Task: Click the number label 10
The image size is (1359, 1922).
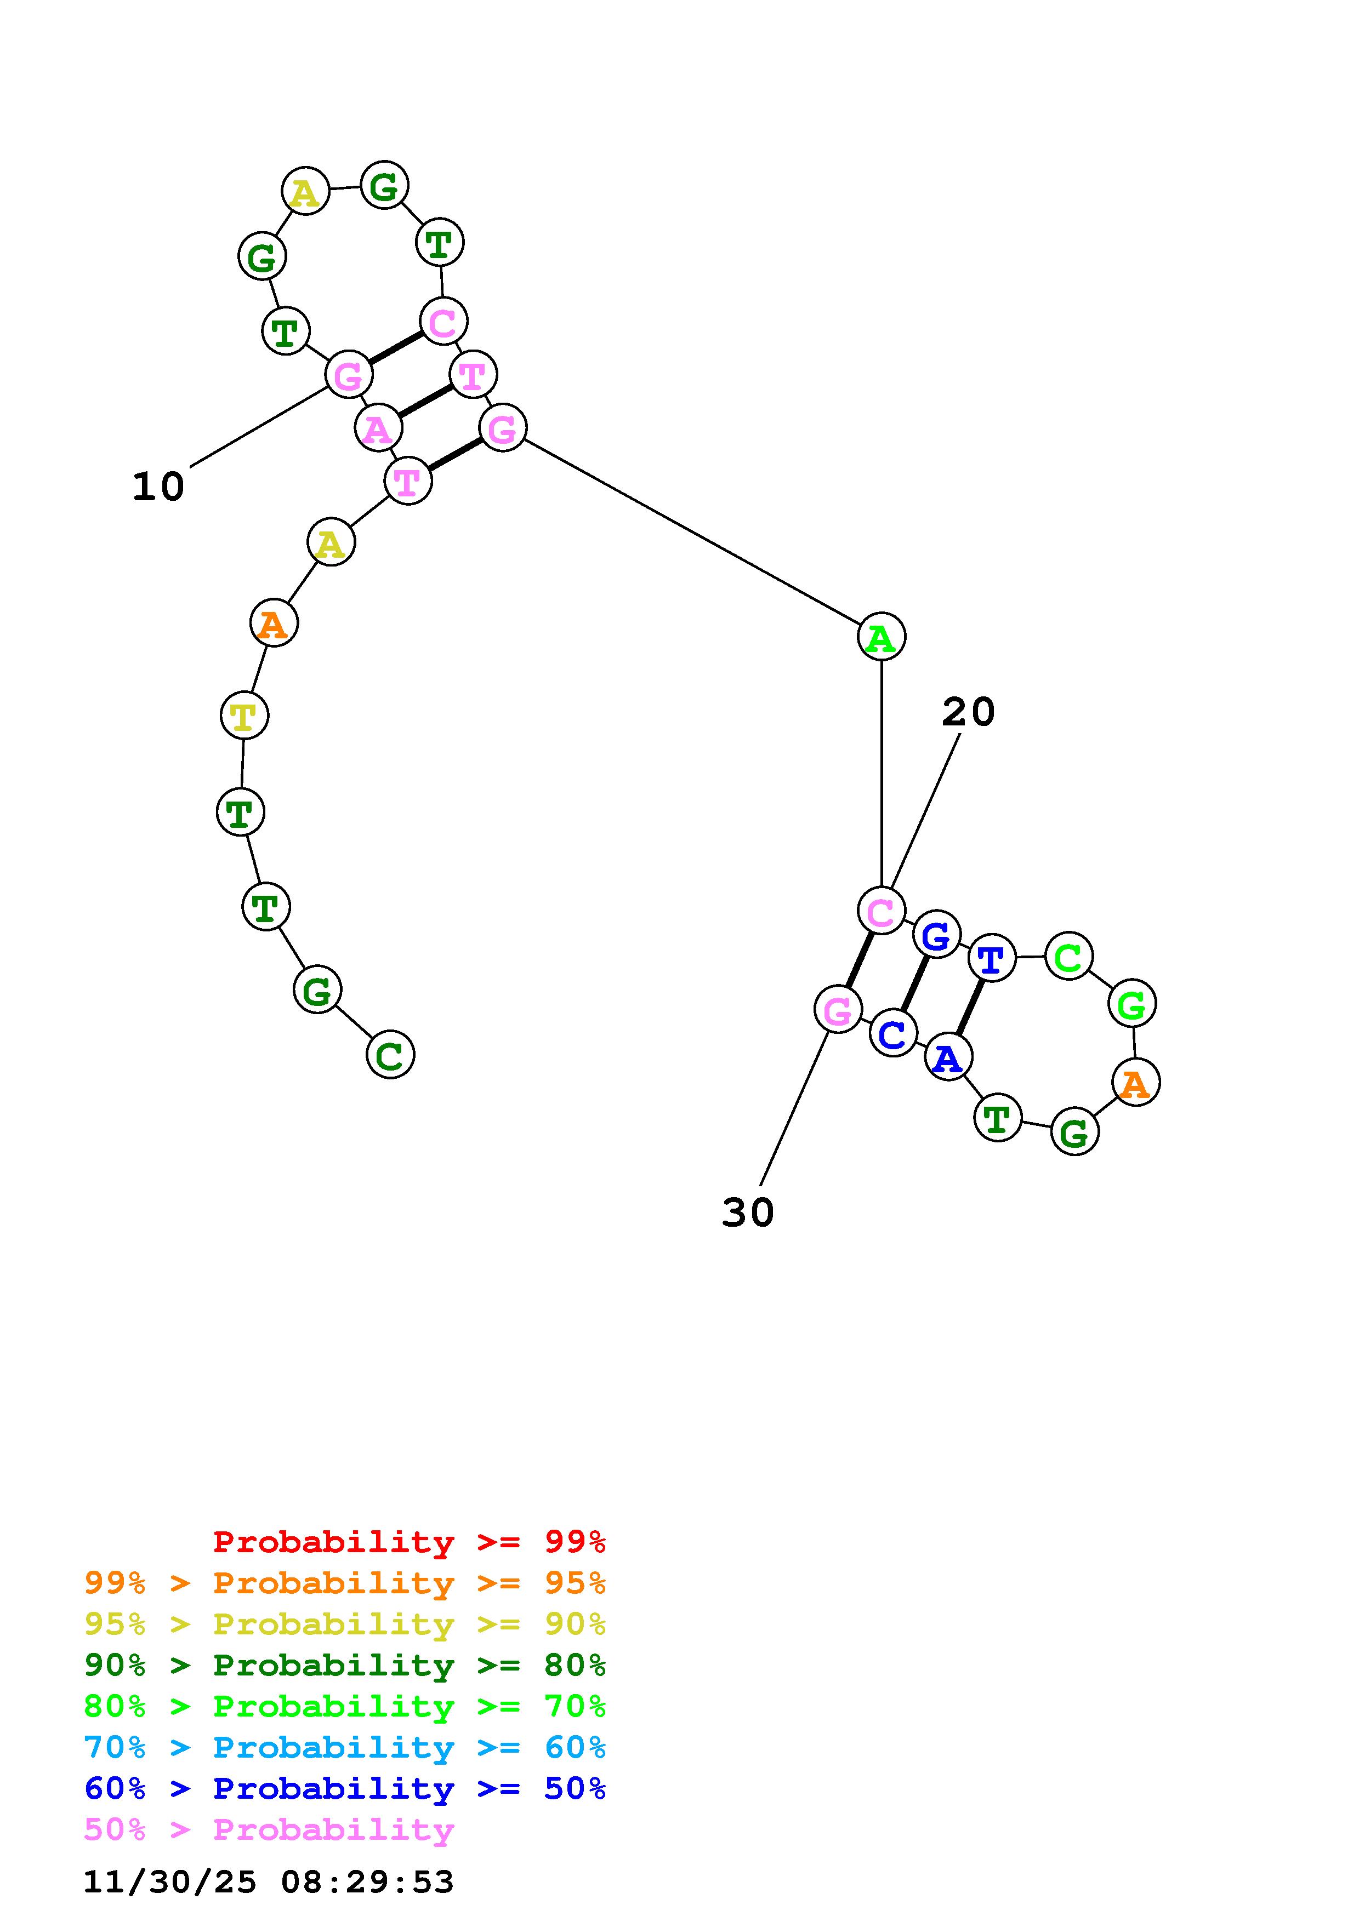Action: pyautogui.click(x=158, y=487)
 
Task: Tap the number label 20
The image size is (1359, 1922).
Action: pyautogui.click(x=968, y=712)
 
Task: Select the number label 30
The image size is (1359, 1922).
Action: pyautogui.click(x=748, y=1212)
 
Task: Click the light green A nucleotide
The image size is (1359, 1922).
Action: pyautogui.click(x=881, y=637)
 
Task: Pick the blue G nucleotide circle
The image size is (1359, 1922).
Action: pyautogui.click(x=935, y=935)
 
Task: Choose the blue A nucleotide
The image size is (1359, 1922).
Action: pyautogui.click(x=948, y=1058)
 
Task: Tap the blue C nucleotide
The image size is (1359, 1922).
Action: pyautogui.click(x=892, y=1034)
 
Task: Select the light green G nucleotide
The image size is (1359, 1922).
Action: pyautogui.click(x=1132, y=1004)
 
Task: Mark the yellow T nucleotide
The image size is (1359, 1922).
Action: pyautogui.click(x=243, y=716)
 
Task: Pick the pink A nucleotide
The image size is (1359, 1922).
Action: pyautogui.click(x=378, y=428)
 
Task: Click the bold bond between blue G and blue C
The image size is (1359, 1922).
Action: pyautogui.click(x=914, y=985)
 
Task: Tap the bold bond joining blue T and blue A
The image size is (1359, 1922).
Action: pyautogui.click(x=970, y=1008)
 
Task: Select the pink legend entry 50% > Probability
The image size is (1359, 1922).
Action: pyautogui.click(x=269, y=1829)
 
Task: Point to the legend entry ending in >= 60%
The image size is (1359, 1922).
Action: pyautogui.click(x=344, y=1747)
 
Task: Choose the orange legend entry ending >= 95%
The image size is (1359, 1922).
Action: pyautogui.click(x=344, y=1583)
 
